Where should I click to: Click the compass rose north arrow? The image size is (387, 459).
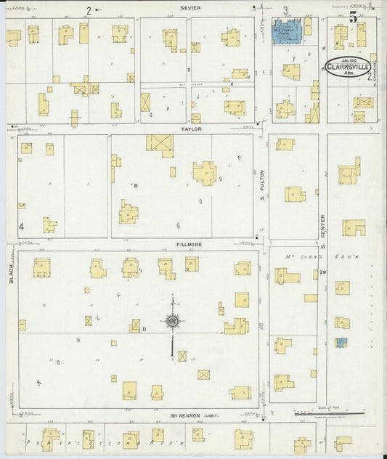click(172, 320)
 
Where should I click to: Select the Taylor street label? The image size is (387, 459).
click(191, 129)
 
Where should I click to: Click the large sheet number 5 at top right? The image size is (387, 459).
click(353, 17)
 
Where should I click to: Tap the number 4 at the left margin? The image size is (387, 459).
click(21, 227)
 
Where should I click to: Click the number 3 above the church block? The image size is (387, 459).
click(285, 10)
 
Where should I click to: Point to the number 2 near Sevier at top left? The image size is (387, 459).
click(89, 10)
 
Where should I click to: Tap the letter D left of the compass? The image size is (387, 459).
click(144, 330)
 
